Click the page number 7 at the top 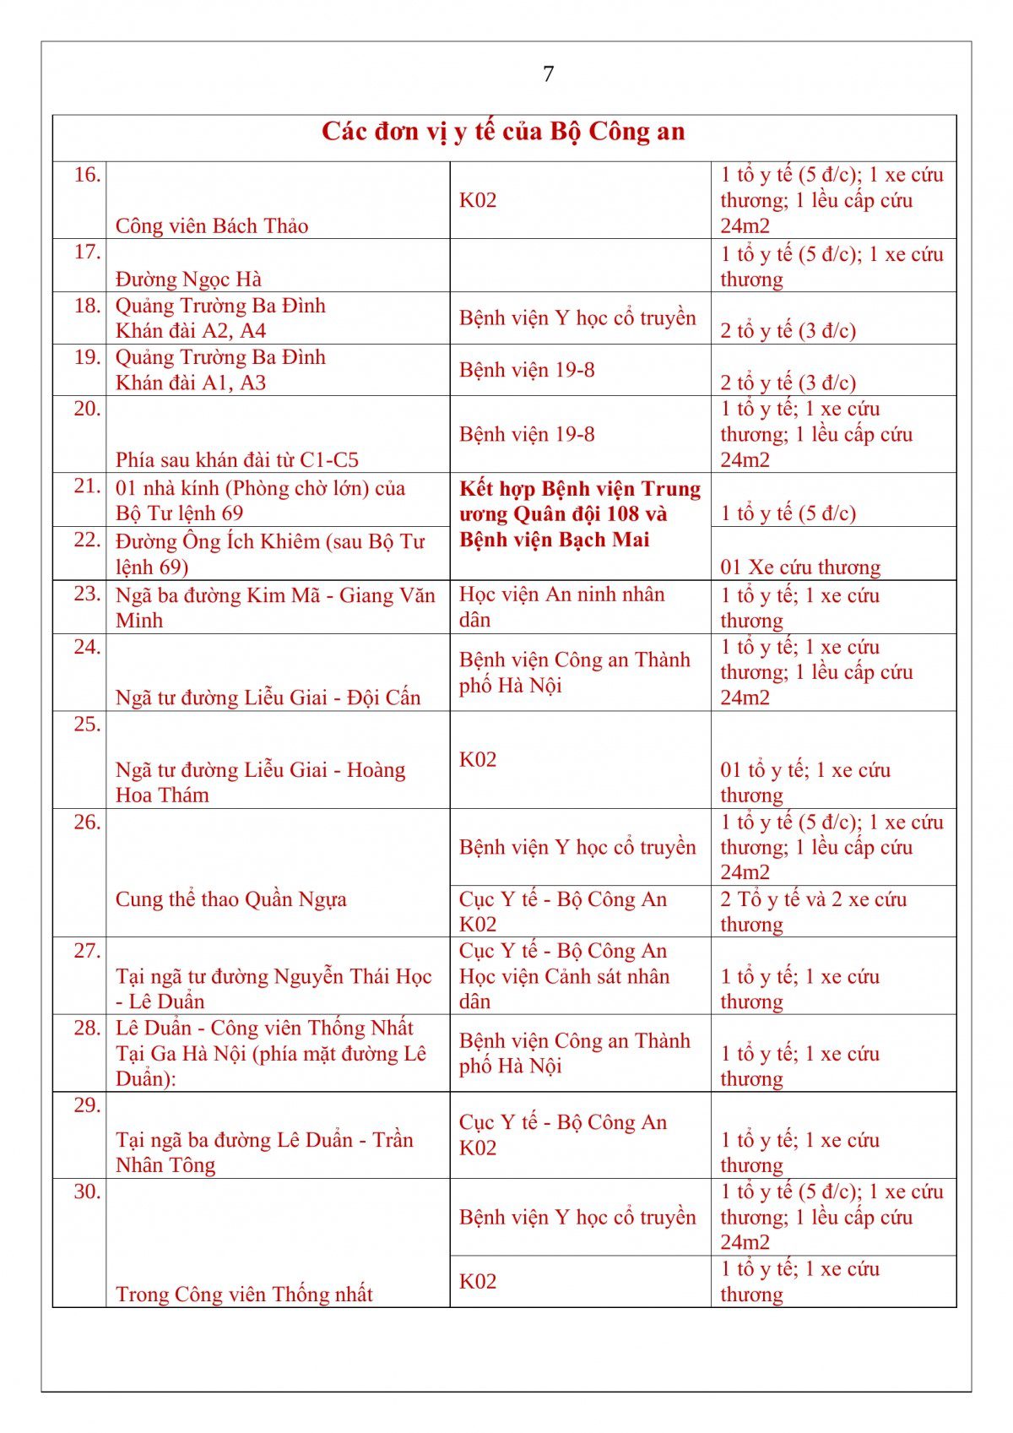click(549, 74)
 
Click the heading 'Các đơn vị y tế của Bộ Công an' click(503, 133)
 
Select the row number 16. click(87, 176)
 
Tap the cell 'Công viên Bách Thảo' click(212, 226)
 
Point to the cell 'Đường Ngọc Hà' click(188, 280)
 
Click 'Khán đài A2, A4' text click(191, 331)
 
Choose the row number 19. click(87, 357)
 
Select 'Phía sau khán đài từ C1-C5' click(237, 460)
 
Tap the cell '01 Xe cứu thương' click(800, 567)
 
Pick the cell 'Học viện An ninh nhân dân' click(561, 607)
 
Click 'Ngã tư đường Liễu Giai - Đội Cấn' click(268, 698)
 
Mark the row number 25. click(87, 725)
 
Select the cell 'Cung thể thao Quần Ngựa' click(231, 899)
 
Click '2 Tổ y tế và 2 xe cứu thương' click(813, 912)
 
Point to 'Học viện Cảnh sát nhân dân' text click(564, 989)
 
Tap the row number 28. click(87, 1029)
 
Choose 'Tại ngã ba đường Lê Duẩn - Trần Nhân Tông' click(264, 1153)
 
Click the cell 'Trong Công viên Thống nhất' click(244, 1295)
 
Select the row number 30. click(87, 1192)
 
